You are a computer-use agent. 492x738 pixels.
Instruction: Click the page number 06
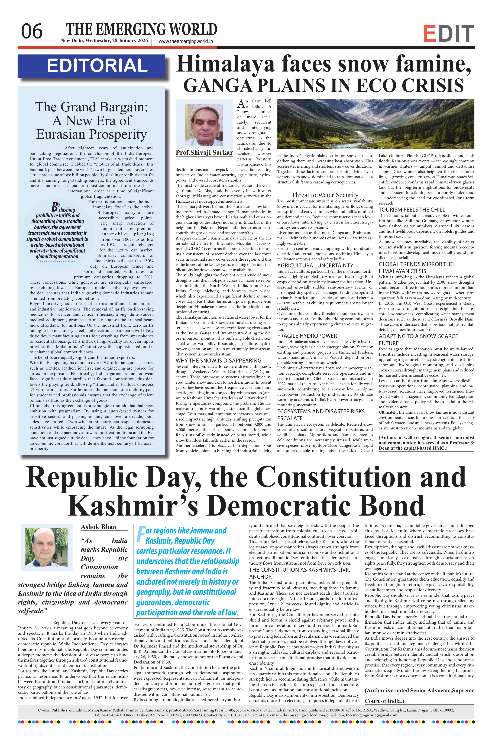pyautogui.click(x=32, y=32)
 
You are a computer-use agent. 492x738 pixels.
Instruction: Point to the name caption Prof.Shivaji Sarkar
pyautogui.click(x=204, y=153)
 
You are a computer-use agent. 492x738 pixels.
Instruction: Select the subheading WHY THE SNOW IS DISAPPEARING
pyautogui.click(x=218, y=361)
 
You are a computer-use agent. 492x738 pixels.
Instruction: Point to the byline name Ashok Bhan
pyautogui.click(x=99, y=527)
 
